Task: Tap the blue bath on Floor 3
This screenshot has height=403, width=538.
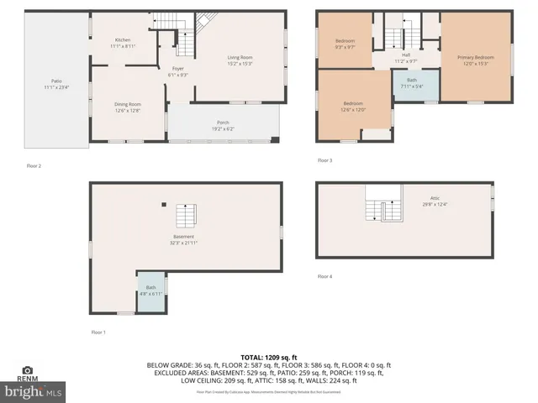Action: (411, 82)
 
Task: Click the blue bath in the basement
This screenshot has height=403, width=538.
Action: (150, 290)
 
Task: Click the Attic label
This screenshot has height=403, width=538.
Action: (435, 200)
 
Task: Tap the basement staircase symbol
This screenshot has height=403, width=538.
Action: (186, 217)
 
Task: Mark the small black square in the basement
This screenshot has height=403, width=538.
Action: (164, 203)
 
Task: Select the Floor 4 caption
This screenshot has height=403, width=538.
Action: (324, 276)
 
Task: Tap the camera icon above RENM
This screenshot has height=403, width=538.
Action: (27, 369)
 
